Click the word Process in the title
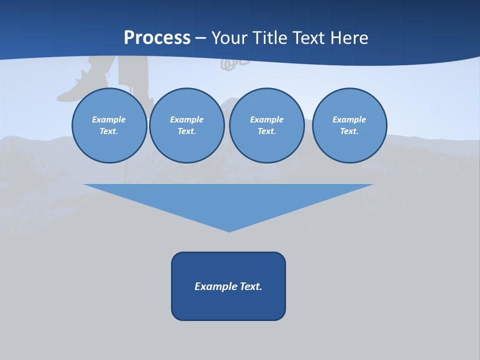tap(157, 38)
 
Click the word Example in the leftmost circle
tap(109, 119)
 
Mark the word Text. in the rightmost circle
tap(349, 131)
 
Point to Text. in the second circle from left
tap(186, 131)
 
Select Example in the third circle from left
tap(266, 119)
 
